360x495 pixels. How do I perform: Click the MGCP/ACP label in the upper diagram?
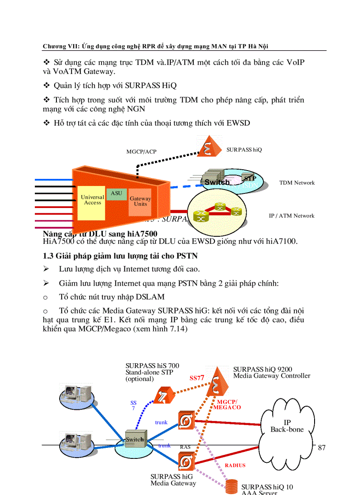coord(141,152)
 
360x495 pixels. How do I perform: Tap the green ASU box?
coord(116,194)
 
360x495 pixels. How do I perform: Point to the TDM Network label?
coord(297,182)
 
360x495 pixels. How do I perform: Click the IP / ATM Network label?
coord(292,216)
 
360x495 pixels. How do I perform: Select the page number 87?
coord(322,448)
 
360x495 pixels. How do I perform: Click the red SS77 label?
coord(197,378)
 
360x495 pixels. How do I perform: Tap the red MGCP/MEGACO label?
coord(227,405)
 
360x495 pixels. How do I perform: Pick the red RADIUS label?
coord(235,465)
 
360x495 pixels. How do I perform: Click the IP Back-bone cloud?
coord(287,426)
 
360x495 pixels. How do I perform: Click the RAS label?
coord(185,447)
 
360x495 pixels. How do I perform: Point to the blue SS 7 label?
coord(133,406)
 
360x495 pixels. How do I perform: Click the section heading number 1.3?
coord(48,256)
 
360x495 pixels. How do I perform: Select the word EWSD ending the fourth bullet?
coord(238,123)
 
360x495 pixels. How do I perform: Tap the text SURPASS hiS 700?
coord(152,366)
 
